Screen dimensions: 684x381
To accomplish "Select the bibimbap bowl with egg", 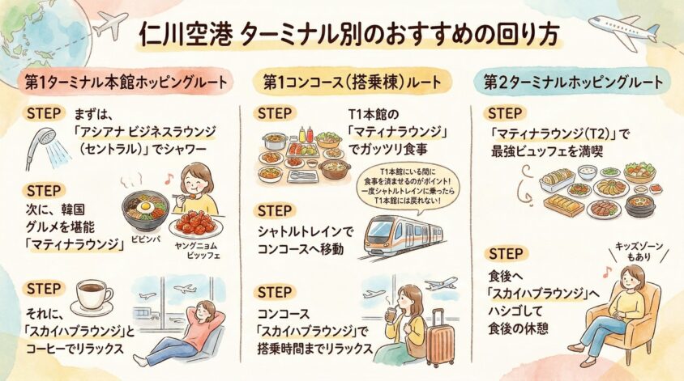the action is click(145, 210).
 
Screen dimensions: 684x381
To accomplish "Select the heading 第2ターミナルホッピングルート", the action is click(574, 83).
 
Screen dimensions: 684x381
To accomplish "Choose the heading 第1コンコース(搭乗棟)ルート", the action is click(352, 83).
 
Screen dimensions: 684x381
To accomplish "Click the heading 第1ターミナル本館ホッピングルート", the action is click(126, 83).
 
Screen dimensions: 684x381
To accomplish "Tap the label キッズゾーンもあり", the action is click(639, 252).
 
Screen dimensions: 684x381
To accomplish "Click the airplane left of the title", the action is click(110, 25).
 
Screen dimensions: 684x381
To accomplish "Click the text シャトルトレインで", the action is click(306, 232).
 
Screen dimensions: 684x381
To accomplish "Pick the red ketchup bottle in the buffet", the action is click(310, 135).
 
